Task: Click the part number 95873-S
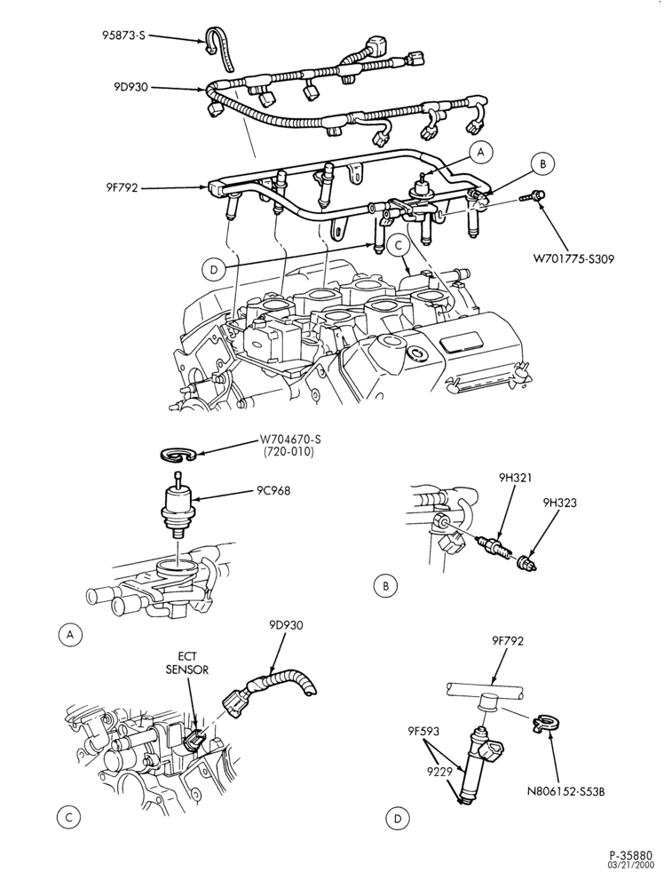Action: pyautogui.click(x=124, y=36)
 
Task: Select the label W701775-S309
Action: pyautogui.click(x=573, y=260)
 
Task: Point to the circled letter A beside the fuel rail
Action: pyautogui.click(x=481, y=152)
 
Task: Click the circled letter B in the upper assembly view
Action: pyautogui.click(x=542, y=164)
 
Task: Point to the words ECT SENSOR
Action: pyautogui.click(x=186, y=663)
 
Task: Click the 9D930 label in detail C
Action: pyautogui.click(x=286, y=626)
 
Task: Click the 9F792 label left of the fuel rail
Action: pyautogui.click(x=120, y=187)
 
